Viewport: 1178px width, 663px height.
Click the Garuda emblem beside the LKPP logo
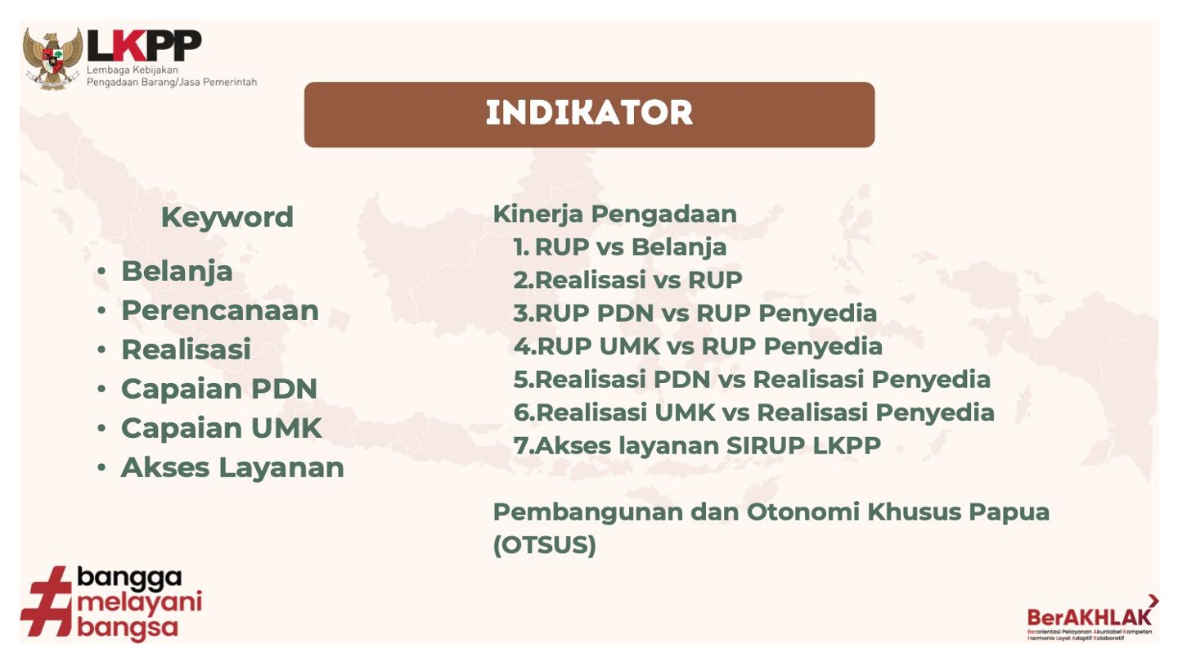(x=52, y=58)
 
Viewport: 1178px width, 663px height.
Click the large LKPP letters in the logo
(x=144, y=46)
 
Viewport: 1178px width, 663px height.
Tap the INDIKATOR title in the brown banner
(x=589, y=113)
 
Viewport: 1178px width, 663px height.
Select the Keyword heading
(x=227, y=218)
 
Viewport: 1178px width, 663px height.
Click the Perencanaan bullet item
(x=220, y=310)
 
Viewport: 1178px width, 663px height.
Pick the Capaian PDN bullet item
(x=219, y=389)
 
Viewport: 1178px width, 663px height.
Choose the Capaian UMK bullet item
(x=221, y=428)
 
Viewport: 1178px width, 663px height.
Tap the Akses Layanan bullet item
(x=232, y=468)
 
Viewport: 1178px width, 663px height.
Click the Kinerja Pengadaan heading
(x=615, y=214)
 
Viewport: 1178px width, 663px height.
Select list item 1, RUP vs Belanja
(x=620, y=247)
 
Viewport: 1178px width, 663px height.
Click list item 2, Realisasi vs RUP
(x=628, y=280)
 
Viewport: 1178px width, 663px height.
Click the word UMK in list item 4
(x=629, y=346)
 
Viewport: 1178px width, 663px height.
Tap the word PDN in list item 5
(x=681, y=380)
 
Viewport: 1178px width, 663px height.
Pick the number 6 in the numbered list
(x=522, y=413)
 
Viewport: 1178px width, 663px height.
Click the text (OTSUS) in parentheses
(x=544, y=545)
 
